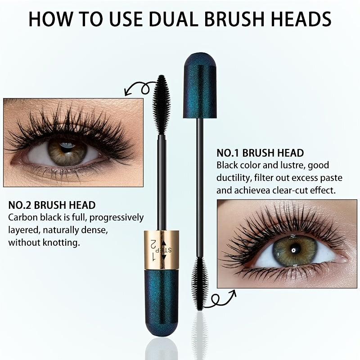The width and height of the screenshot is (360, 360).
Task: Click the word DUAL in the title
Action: (x=173, y=19)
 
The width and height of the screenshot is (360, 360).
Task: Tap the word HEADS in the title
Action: (x=301, y=19)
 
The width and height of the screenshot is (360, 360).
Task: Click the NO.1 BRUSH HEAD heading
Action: (x=260, y=153)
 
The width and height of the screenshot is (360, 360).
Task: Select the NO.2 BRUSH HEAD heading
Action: (x=52, y=205)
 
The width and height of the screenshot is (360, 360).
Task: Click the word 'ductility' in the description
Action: (x=234, y=178)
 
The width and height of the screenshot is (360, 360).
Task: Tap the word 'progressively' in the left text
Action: (x=117, y=218)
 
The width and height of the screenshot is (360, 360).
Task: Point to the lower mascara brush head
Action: (x=200, y=283)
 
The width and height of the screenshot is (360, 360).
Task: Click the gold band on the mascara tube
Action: (x=162, y=250)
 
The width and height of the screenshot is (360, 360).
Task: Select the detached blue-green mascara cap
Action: (x=200, y=85)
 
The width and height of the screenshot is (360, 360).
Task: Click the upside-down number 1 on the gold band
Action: (x=153, y=257)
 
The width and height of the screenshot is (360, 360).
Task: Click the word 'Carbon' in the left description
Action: (x=23, y=217)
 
